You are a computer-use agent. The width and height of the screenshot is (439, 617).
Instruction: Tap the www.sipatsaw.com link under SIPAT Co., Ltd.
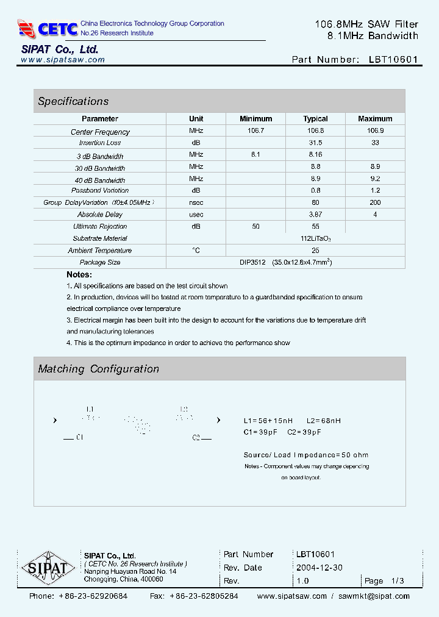click(x=63, y=60)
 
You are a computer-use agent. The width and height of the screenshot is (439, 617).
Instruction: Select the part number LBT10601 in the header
click(x=393, y=60)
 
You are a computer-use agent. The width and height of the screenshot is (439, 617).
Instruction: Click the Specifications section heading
click(x=73, y=101)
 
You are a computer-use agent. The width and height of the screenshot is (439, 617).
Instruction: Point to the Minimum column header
click(x=255, y=119)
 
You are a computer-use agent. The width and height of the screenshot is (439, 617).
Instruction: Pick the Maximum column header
click(x=375, y=119)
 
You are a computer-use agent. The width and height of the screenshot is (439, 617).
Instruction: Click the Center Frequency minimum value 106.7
click(x=255, y=131)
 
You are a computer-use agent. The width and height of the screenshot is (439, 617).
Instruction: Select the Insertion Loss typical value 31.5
click(x=315, y=143)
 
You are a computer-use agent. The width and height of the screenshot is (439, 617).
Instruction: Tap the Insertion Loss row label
click(x=100, y=143)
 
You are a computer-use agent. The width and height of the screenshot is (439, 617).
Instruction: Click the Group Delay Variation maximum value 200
click(x=375, y=202)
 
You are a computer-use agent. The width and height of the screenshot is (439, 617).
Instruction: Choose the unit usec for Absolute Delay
click(x=196, y=215)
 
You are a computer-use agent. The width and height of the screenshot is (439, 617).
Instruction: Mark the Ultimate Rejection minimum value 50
click(x=255, y=226)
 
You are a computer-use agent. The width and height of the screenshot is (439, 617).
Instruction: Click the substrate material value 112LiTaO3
click(x=315, y=239)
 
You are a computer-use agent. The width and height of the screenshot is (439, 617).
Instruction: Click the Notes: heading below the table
click(x=79, y=275)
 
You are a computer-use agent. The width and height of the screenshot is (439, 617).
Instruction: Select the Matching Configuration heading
click(x=98, y=369)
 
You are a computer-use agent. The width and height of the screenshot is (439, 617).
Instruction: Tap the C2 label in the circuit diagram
click(x=196, y=438)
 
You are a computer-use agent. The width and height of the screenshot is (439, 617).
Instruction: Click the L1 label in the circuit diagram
click(x=90, y=409)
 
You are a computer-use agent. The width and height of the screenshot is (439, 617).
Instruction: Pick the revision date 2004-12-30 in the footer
click(x=319, y=568)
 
